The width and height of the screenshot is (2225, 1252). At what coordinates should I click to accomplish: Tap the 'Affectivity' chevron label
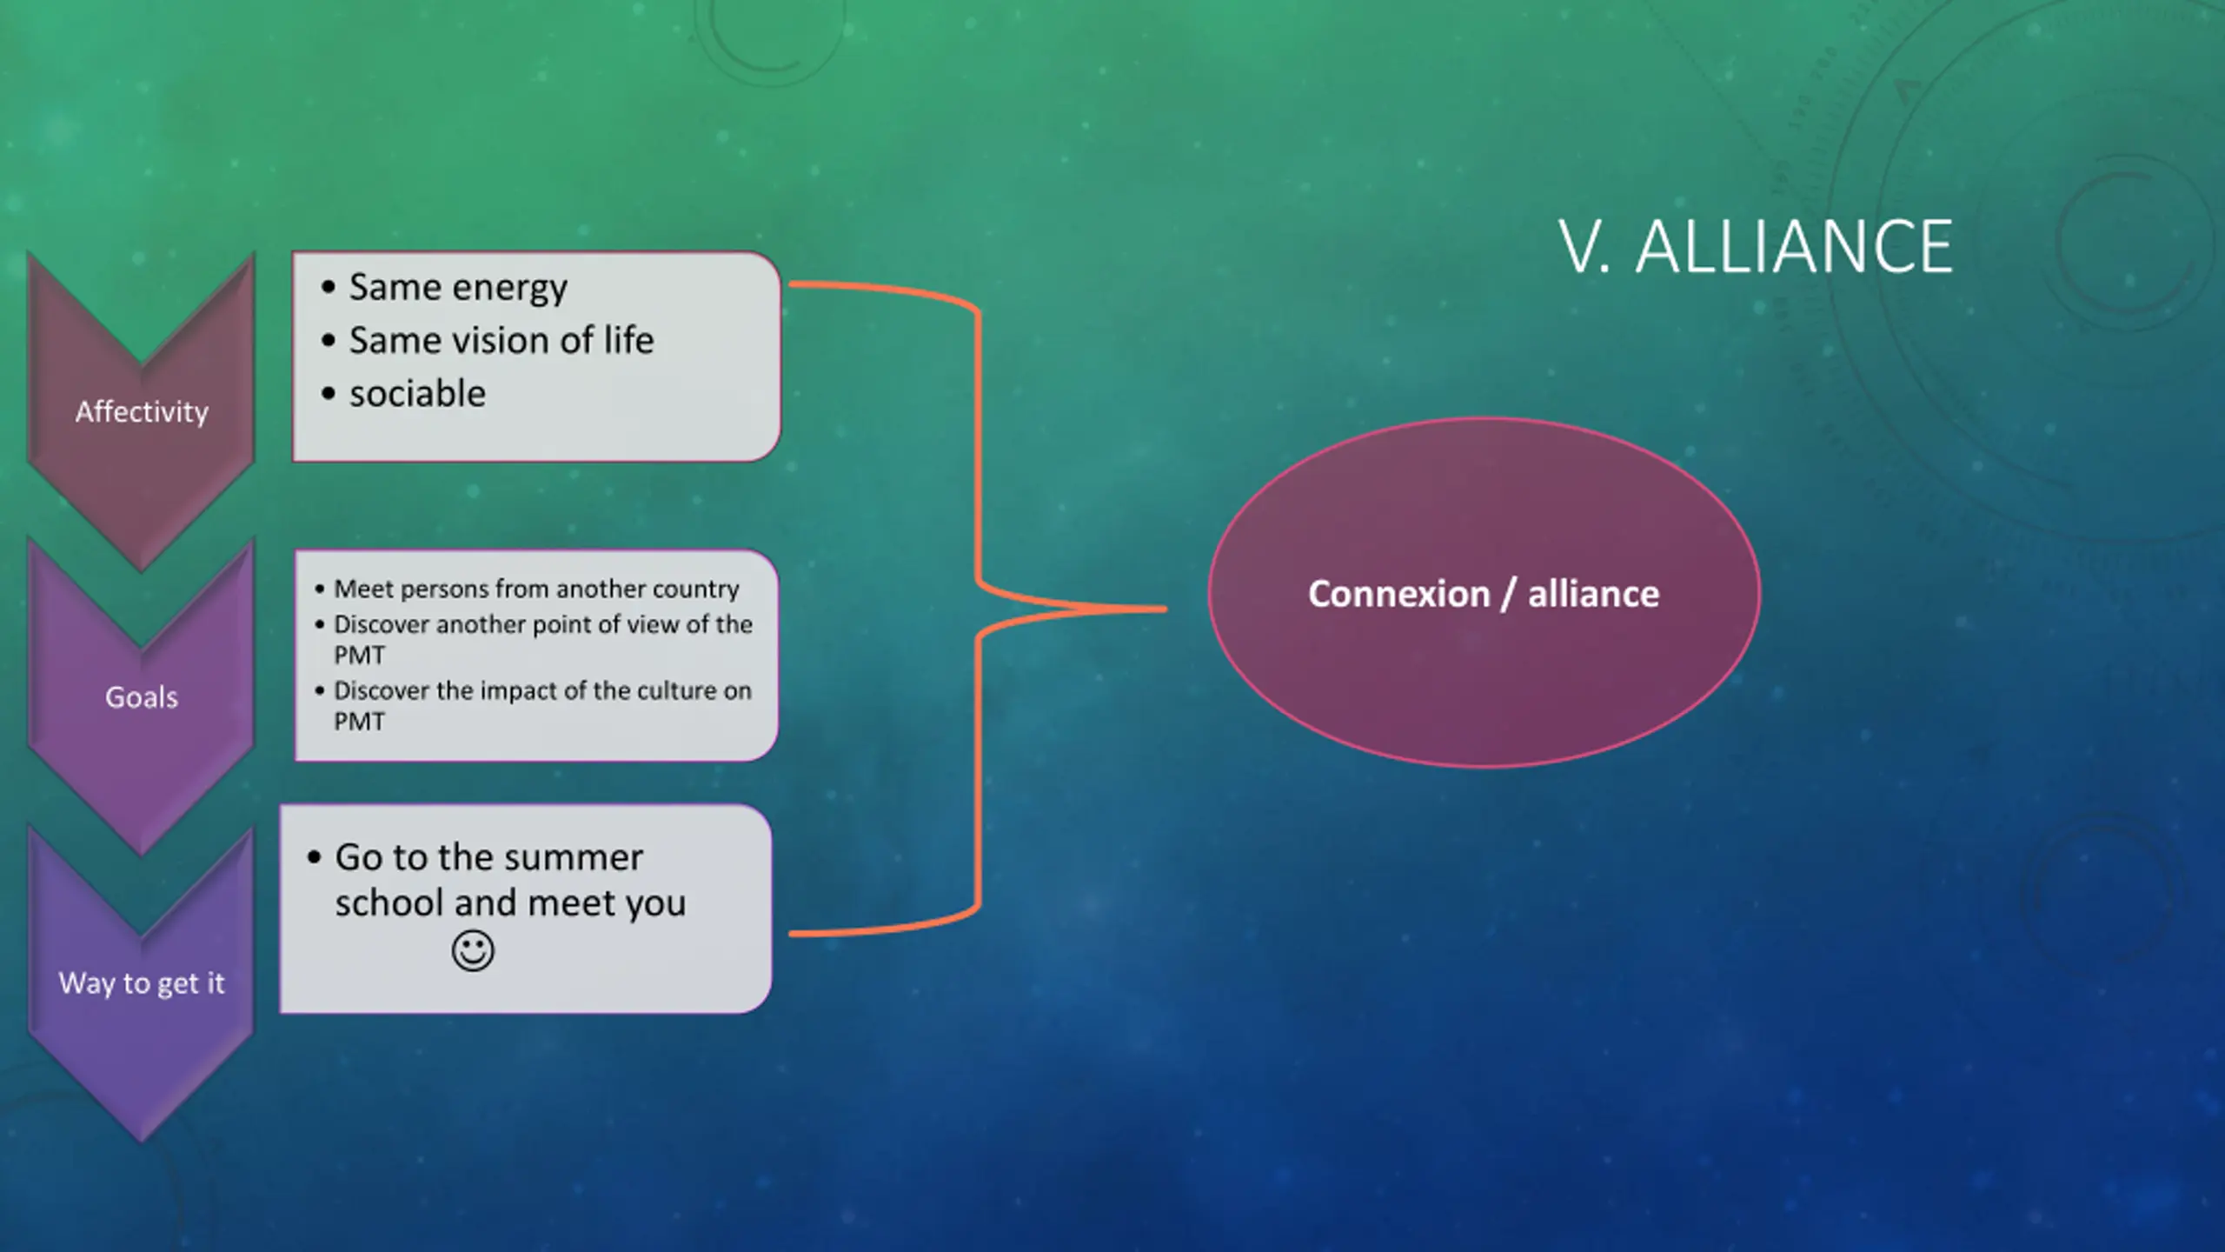142,411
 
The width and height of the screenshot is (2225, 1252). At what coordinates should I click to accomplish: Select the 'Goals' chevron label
142,696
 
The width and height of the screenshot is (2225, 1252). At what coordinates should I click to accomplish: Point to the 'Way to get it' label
142,982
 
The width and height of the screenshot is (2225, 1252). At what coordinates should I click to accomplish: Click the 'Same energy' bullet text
458,287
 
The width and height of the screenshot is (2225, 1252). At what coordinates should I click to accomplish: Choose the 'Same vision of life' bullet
501,340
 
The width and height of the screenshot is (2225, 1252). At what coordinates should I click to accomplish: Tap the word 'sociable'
417,394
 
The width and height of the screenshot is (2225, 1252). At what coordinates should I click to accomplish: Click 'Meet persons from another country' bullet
536,589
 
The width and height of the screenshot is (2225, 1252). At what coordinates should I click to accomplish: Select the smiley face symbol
473,950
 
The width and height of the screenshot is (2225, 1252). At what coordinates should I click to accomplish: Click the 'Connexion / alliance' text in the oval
1484,594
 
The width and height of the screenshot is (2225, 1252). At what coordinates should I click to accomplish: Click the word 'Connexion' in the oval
1398,594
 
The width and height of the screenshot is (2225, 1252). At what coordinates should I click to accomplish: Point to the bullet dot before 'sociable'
328,394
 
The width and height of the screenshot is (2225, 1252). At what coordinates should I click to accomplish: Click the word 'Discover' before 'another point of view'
382,624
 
